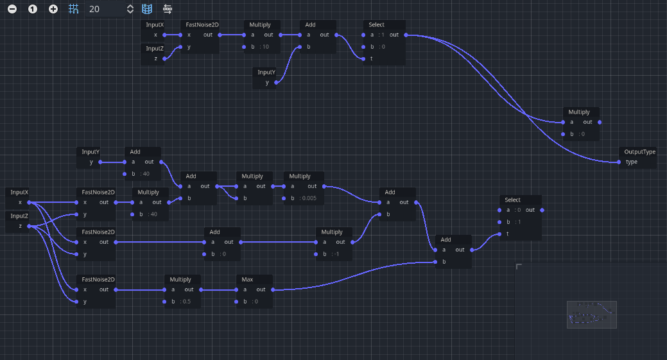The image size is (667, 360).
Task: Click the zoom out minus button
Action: (x=12, y=9)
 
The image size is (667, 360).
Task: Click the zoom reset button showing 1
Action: (x=33, y=9)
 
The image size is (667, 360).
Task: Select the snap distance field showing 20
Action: (x=103, y=9)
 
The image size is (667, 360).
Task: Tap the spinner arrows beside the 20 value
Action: (x=130, y=9)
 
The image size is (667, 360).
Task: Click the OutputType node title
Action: (x=639, y=152)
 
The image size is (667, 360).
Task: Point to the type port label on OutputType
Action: (x=632, y=162)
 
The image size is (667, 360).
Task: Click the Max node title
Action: (x=247, y=280)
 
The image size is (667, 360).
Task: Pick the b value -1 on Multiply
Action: (x=336, y=254)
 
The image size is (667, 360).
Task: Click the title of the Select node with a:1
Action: (x=377, y=25)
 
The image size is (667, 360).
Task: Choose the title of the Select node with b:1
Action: (x=512, y=200)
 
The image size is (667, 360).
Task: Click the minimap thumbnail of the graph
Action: (x=591, y=314)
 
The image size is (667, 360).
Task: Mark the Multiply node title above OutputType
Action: (x=578, y=112)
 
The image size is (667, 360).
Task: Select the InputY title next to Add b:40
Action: (x=91, y=152)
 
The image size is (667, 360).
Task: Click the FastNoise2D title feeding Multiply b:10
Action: (x=202, y=25)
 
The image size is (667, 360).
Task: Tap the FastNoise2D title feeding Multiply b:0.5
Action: (x=98, y=280)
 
